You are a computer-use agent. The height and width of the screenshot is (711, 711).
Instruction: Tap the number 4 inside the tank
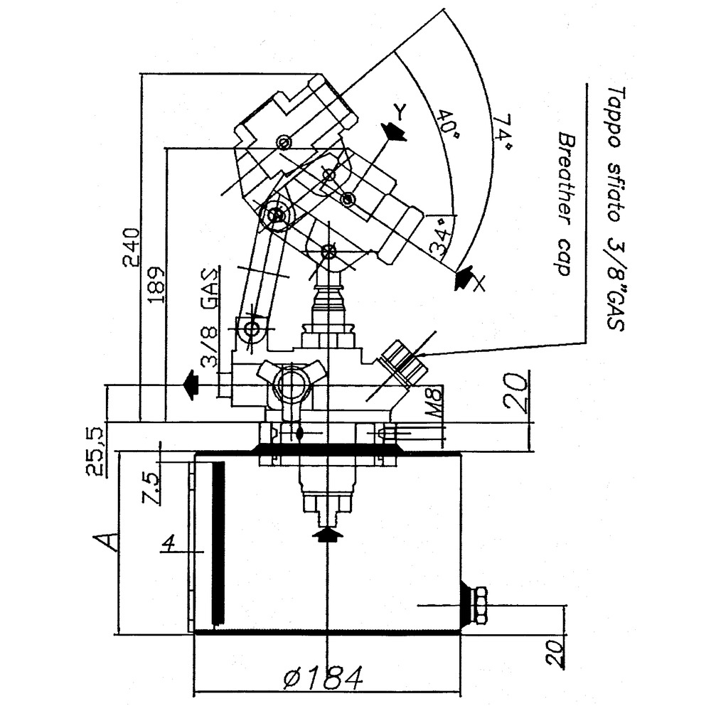pos(169,544)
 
